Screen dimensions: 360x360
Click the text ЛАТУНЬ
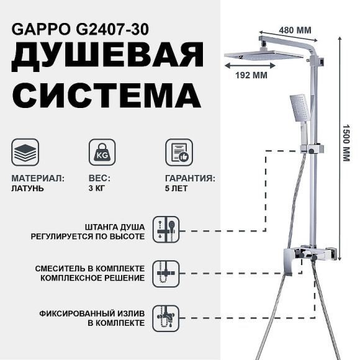pos(28,188)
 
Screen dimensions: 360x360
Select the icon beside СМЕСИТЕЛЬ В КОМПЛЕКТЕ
pos(166,272)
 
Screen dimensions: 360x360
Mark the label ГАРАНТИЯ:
pos(191,178)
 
